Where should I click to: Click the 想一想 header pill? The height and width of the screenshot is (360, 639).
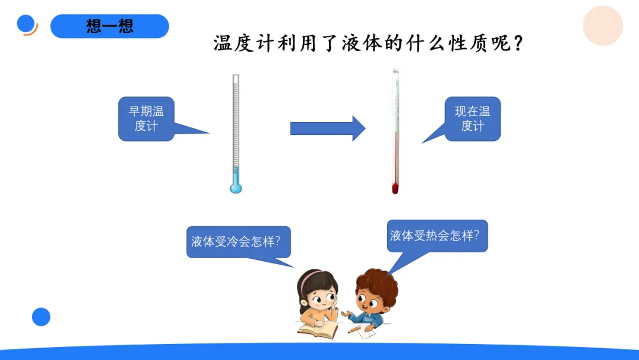coord(109,26)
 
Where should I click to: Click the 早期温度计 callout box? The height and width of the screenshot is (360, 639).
coord(146,118)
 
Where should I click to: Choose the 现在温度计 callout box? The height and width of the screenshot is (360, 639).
coord(472,118)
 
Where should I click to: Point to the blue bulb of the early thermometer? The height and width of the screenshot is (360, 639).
coord(236,188)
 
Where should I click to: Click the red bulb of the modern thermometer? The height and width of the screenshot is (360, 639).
coord(395,189)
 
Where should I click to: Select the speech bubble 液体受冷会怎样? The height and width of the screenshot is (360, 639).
coord(238,242)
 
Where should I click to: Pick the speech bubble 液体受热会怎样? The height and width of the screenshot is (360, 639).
coord(437,236)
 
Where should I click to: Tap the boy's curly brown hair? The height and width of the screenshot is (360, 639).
coord(379,284)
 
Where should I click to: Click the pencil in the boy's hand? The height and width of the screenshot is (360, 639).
coord(354,329)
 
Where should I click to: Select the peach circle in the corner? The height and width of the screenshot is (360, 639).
coord(602,26)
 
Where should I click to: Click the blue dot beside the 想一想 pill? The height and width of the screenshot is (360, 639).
coord(26,24)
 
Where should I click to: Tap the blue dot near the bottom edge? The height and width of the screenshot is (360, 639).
coord(41,317)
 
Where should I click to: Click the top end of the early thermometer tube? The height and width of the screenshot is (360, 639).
coord(235,77)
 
